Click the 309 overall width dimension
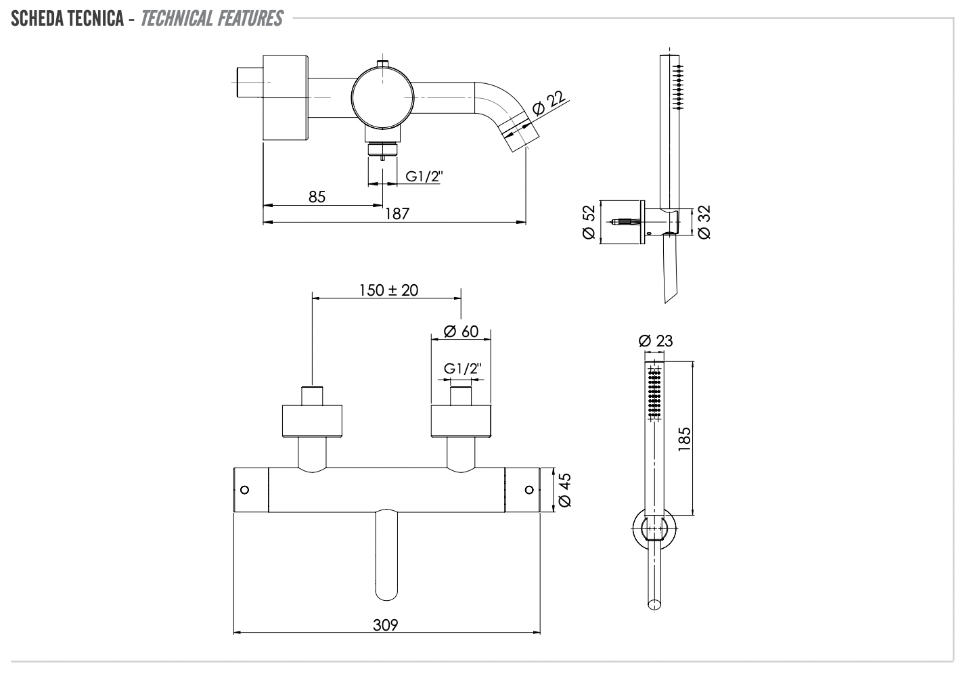(x=385, y=625)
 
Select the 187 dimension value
(x=397, y=214)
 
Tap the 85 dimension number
(x=317, y=197)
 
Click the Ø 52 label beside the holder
(x=588, y=222)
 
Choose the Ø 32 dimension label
(x=703, y=222)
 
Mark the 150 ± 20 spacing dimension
(x=388, y=290)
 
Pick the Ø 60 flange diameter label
(x=461, y=332)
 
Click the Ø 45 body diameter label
(x=566, y=490)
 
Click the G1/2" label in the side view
(x=424, y=177)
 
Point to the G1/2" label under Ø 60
(x=463, y=369)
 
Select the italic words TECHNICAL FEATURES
(x=211, y=19)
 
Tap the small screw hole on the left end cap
(x=245, y=489)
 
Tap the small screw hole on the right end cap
(x=528, y=489)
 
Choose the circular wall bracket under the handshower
(x=654, y=528)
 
